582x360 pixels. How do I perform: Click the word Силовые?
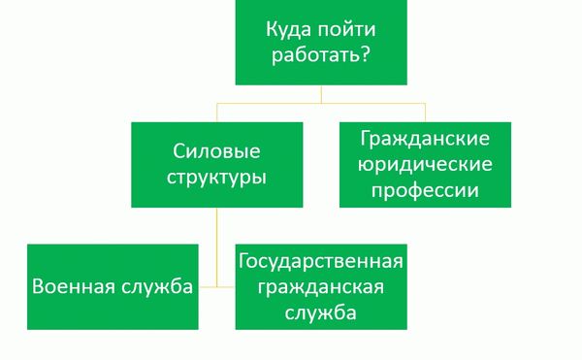point(218,151)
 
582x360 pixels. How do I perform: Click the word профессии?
point(424,189)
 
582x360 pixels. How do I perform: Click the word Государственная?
point(320,261)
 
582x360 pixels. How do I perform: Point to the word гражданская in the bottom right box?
point(320,287)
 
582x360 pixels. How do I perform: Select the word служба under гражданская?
point(320,313)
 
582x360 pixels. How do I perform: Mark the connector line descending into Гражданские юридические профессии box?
point(424,110)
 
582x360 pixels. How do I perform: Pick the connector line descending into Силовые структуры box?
point(218,110)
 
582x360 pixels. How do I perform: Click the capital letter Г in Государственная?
point(244,261)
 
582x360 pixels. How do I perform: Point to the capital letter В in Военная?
point(39,287)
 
